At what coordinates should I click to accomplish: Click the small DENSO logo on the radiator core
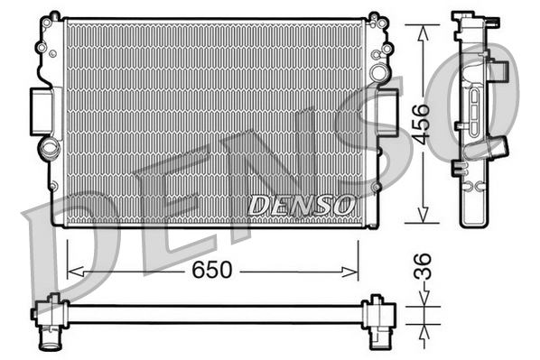302,205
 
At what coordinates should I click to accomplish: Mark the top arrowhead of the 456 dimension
422,23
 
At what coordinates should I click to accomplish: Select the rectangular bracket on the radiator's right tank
389,115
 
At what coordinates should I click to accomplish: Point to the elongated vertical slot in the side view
474,107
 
